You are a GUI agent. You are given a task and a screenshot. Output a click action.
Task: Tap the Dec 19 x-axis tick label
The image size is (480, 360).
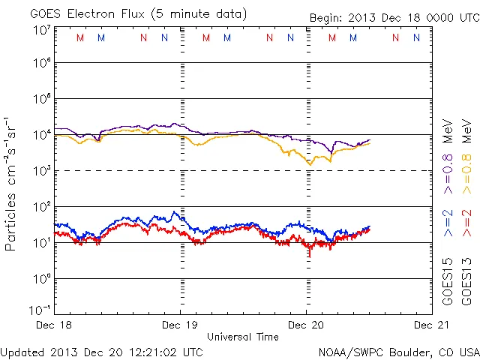180,325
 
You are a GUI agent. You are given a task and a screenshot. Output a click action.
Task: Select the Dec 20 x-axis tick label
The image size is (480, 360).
305,325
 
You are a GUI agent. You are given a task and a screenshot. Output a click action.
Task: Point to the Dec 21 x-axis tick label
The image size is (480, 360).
430,325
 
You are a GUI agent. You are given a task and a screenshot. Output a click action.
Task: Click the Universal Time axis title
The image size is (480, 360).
242,337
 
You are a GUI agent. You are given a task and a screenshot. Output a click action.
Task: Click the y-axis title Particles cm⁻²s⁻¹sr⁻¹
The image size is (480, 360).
12,184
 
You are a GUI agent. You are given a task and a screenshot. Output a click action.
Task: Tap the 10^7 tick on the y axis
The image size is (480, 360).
41,29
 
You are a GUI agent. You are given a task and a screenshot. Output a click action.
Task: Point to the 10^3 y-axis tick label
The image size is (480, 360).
41,171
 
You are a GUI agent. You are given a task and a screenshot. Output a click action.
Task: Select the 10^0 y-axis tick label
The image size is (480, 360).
41,278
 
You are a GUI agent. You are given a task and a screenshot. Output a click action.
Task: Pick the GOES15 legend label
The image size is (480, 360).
448,283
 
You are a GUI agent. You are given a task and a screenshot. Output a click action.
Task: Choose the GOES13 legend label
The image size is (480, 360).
466,283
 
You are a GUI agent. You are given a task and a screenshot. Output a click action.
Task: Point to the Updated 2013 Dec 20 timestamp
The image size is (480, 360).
101,351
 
